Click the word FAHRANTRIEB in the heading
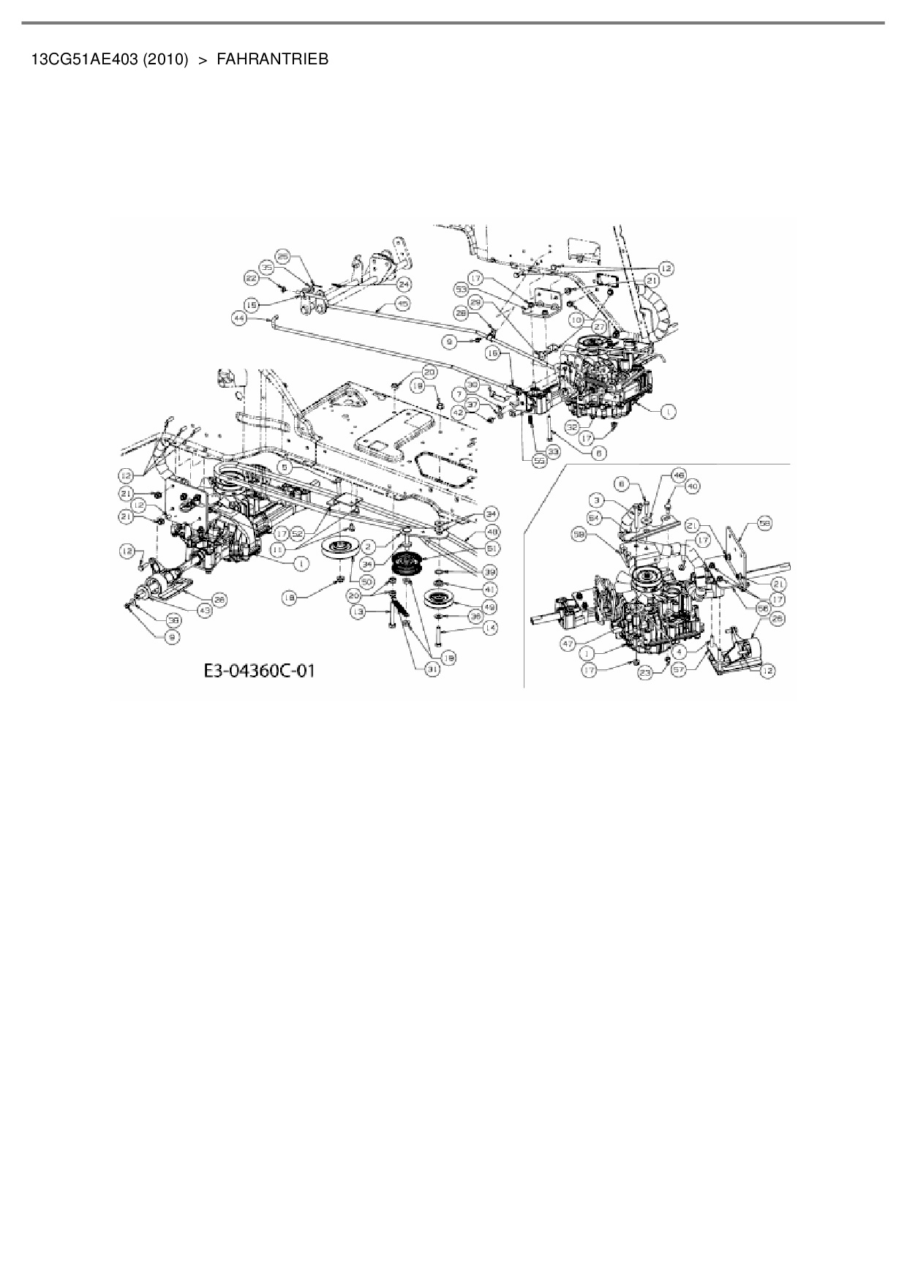[272, 59]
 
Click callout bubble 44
[238, 319]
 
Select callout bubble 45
[402, 303]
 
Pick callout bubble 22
[251, 278]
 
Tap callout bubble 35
[267, 268]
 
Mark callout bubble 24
[404, 282]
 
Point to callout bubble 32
[572, 424]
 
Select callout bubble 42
[459, 413]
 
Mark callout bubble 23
[644, 676]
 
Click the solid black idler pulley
[402, 565]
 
